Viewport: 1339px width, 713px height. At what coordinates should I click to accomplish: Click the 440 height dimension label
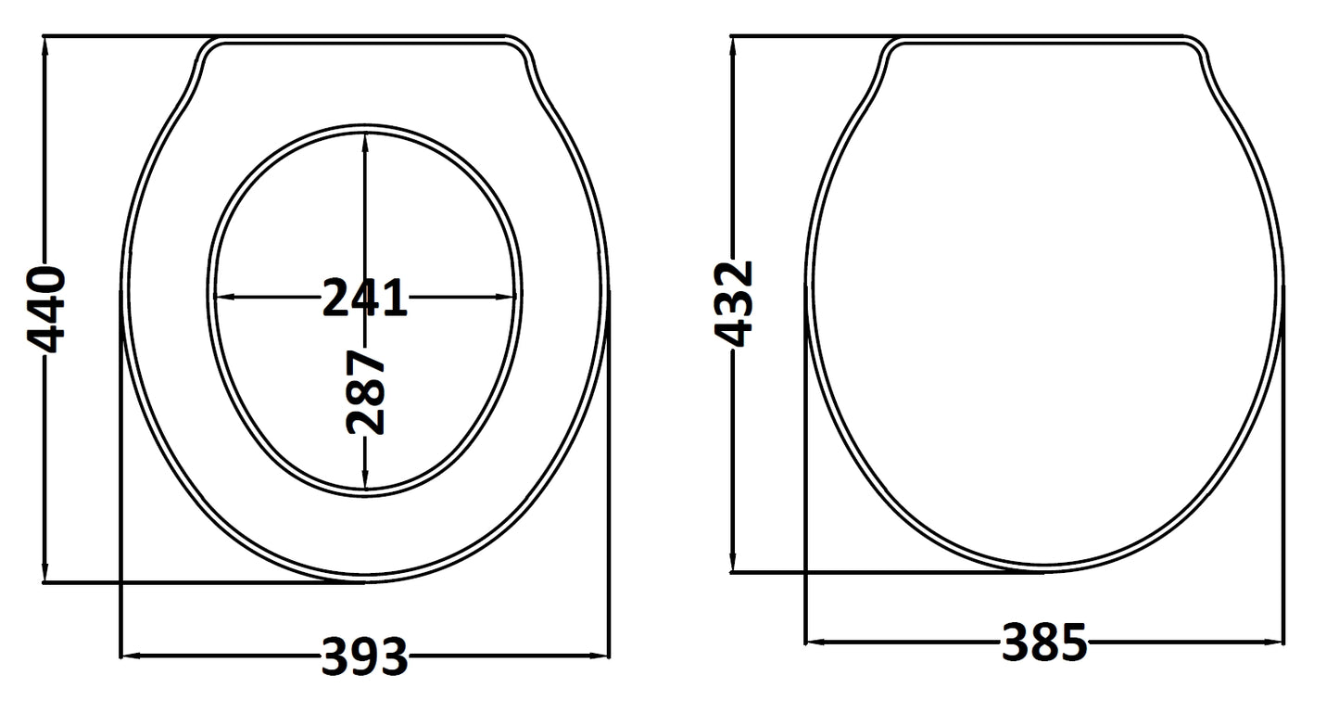click(44, 310)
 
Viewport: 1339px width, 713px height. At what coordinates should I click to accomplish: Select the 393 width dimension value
click(364, 656)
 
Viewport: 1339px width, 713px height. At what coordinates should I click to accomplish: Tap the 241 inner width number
click(364, 298)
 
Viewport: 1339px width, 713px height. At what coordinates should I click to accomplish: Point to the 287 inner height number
click(365, 392)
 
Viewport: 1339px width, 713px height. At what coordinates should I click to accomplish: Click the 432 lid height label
click(736, 304)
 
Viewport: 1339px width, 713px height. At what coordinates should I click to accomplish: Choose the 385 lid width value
click(1043, 642)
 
